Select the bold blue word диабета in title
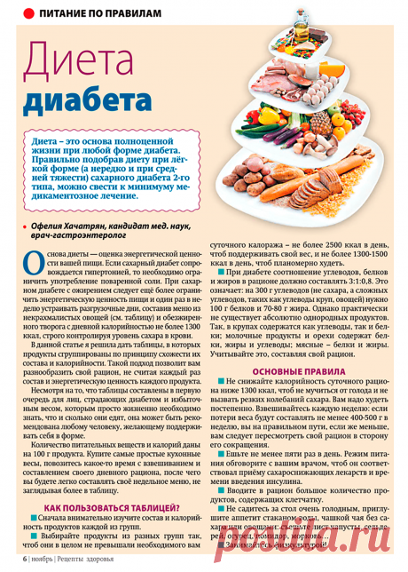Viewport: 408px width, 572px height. pos(79,104)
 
